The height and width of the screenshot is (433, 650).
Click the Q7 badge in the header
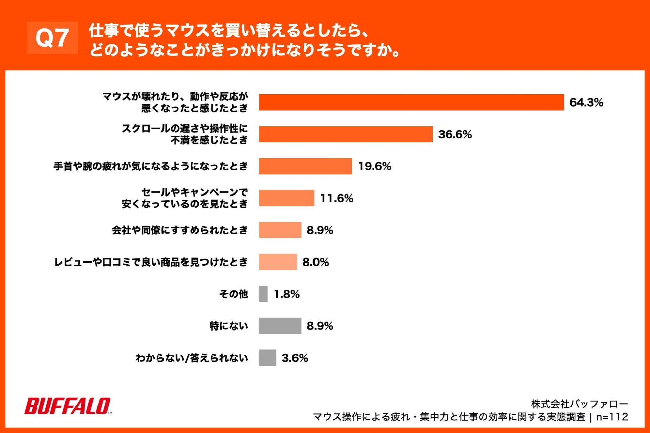point(52,38)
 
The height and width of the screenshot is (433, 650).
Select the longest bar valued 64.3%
point(411,102)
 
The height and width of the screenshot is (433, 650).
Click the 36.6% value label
point(455,134)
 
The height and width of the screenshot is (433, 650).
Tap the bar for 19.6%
point(305,166)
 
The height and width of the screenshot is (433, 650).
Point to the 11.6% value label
point(337,198)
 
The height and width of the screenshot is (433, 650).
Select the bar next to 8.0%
point(278,262)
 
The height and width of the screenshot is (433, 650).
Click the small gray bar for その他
point(263,294)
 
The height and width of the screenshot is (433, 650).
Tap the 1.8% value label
point(286,294)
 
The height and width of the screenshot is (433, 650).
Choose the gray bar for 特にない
point(280,326)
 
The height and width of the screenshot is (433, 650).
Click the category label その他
point(234,294)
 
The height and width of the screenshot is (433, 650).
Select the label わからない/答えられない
point(192,358)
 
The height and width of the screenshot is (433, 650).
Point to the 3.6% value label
point(295,358)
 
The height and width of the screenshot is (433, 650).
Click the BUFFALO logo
point(68,406)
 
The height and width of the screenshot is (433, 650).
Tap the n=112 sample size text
point(612,417)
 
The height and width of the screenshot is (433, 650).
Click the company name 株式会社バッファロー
point(579,404)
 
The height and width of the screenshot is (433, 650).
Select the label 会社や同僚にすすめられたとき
point(180,230)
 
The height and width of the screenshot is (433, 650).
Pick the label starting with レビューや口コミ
point(151,262)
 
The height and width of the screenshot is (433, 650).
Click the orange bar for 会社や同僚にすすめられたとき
point(280,230)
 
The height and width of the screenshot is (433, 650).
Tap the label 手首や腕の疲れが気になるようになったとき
point(151,166)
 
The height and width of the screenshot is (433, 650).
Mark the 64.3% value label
point(586,102)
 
